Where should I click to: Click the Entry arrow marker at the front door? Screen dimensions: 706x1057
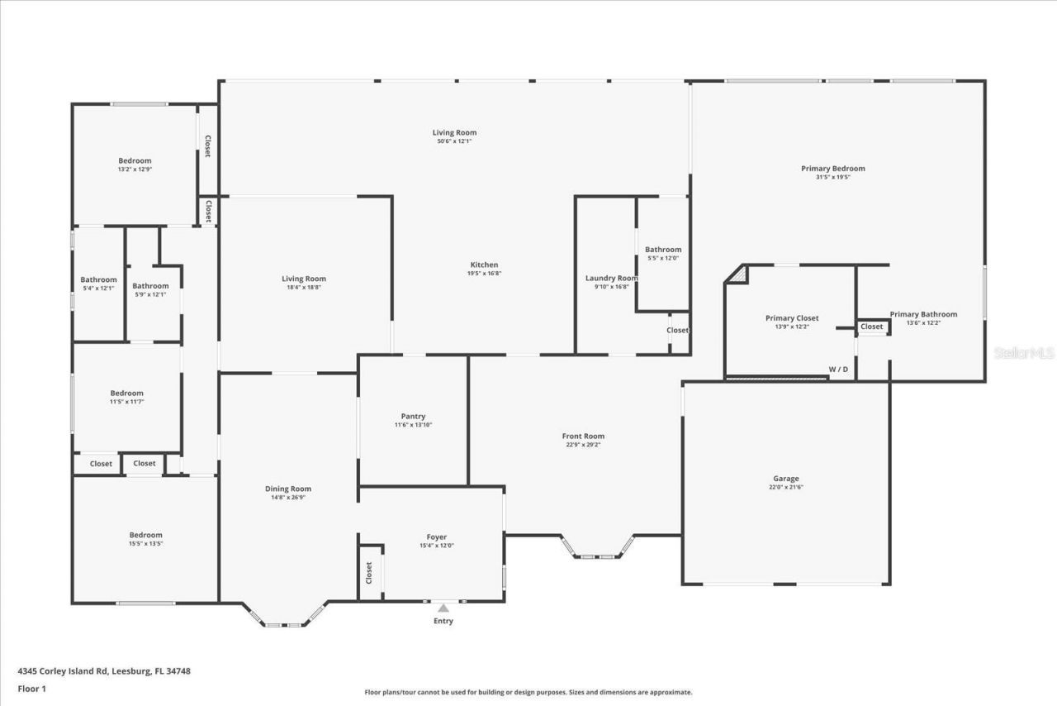[443, 608]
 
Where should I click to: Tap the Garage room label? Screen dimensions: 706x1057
[785, 479]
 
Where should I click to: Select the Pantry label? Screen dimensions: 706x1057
[413, 417]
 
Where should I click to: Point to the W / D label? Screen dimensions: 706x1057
[838, 369]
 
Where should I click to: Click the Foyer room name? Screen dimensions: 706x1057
[436, 537]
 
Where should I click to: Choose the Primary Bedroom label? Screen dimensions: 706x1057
[832, 169]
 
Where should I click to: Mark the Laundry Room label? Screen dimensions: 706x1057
[611, 278]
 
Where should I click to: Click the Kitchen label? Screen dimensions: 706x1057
[484, 265]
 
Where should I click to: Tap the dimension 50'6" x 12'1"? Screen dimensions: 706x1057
[454, 141]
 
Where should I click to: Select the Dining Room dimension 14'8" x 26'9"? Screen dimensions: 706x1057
[287, 498]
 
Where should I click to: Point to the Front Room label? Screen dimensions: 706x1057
[583, 436]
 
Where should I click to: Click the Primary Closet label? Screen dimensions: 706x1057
[792, 318]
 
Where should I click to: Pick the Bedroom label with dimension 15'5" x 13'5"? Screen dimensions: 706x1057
[145, 535]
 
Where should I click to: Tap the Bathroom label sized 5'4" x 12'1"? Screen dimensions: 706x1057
[98, 279]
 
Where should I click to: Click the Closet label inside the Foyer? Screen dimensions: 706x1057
[369, 571]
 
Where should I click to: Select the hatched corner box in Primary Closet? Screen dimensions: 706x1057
[737, 274]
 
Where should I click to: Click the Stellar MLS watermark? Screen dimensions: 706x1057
[1024, 353]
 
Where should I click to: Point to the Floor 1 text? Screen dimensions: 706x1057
[31, 688]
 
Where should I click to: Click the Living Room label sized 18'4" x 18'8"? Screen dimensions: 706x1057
[304, 279]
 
